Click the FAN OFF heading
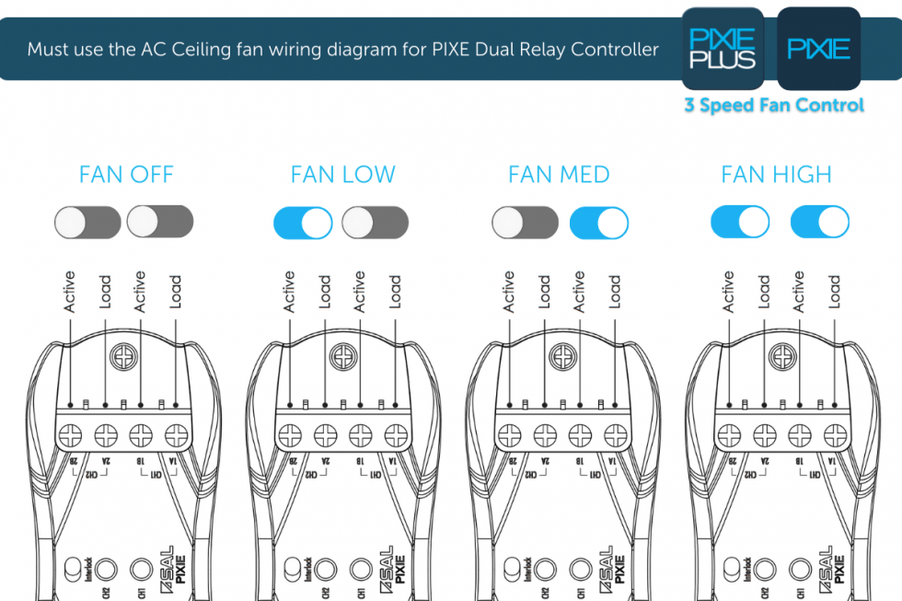tap(126, 175)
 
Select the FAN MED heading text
tap(559, 175)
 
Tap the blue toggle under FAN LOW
tap(303, 223)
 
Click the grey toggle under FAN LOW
tap(375, 223)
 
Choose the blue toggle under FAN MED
tap(599, 223)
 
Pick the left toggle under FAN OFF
tap(87, 222)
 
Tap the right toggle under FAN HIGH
tap(820, 223)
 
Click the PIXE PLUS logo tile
tap(723, 49)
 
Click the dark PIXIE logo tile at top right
tap(818, 49)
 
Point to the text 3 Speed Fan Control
tap(773, 105)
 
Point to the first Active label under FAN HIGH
tap(729, 292)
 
